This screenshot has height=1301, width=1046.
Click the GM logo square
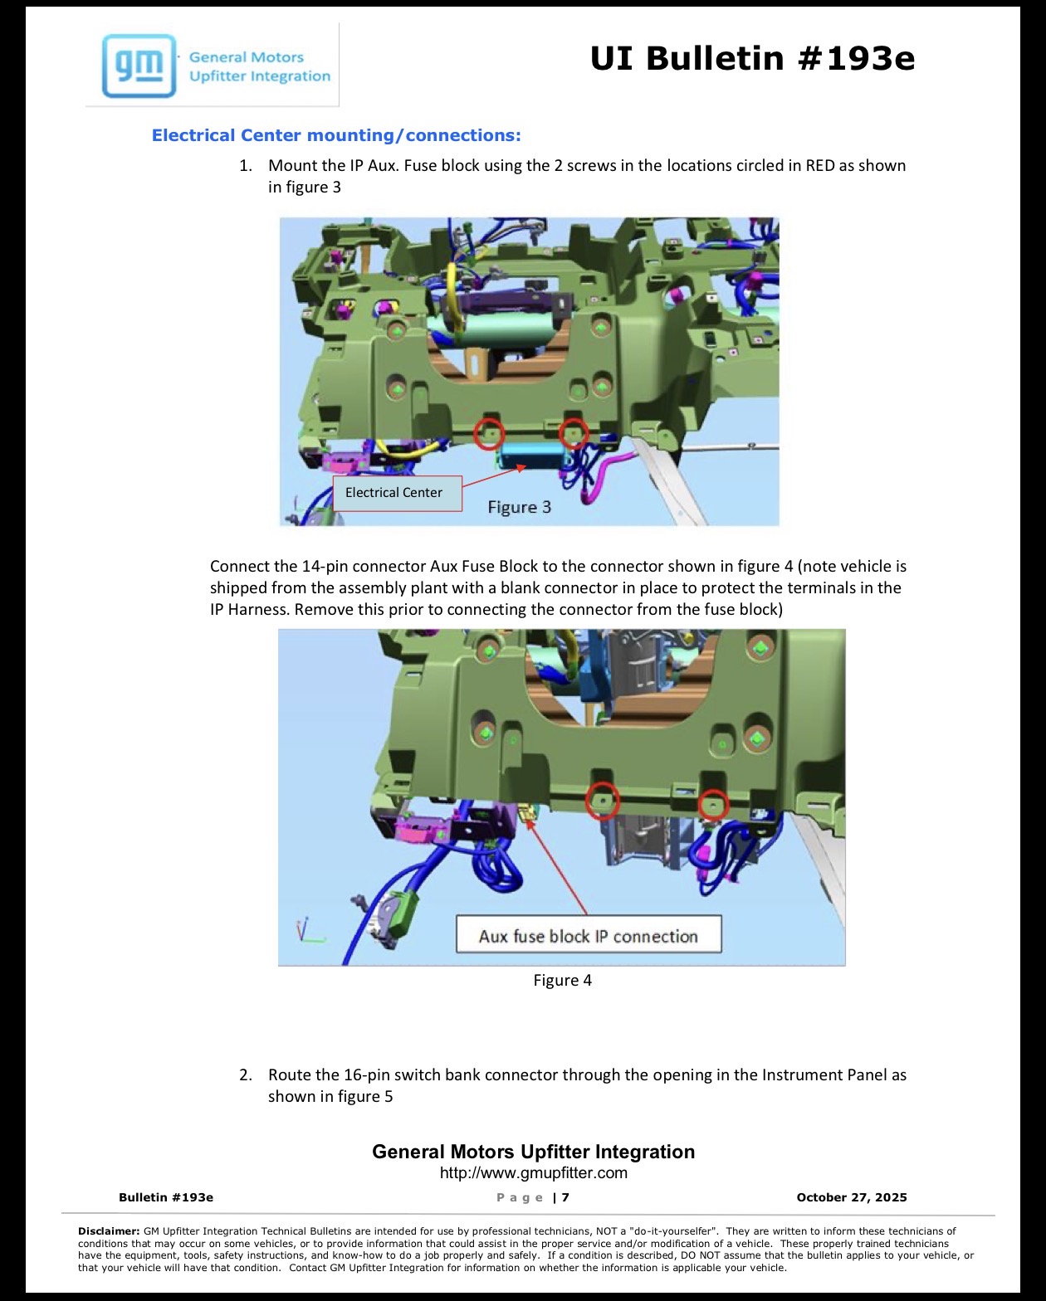pyautogui.click(x=139, y=66)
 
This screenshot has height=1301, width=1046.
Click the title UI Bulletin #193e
pyautogui.click(x=752, y=59)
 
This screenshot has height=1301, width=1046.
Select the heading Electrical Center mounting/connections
pyautogui.click(x=335, y=134)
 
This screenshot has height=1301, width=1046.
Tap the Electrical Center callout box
pyautogui.click(x=397, y=493)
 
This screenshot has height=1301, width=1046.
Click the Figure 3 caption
pyautogui.click(x=519, y=507)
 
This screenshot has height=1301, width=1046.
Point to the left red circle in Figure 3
pyautogui.click(x=488, y=433)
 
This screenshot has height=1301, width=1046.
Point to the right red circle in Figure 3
pyautogui.click(x=573, y=433)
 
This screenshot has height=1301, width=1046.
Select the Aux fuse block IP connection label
pyautogui.click(x=588, y=937)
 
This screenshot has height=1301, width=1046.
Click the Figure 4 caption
pyautogui.click(x=562, y=980)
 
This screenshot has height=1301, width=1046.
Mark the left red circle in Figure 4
pyautogui.click(x=603, y=801)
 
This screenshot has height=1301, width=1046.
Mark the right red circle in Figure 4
pyautogui.click(x=713, y=806)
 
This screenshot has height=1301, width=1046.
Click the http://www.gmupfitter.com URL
pyautogui.click(x=533, y=1173)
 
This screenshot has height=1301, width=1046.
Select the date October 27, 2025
pyautogui.click(x=851, y=1197)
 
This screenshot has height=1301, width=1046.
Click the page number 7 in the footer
pyautogui.click(x=565, y=1197)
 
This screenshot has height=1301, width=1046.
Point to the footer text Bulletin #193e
pyautogui.click(x=166, y=1197)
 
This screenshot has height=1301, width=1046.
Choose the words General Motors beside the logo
pyautogui.click(x=247, y=57)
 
